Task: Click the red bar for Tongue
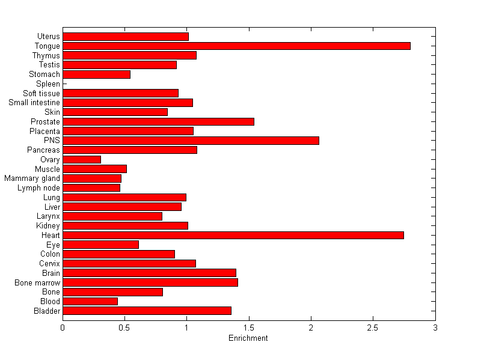click(x=236, y=46)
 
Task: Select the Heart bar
click(x=233, y=235)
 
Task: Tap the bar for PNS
click(x=191, y=141)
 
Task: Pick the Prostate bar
click(x=158, y=121)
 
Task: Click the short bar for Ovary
click(x=82, y=159)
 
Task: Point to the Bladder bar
click(x=147, y=311)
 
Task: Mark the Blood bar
click(x=90, y=301)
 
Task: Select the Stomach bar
click(x=96, y=75)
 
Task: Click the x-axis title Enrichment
click(x=248, y=338)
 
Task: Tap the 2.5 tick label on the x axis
click(x=373, y=328)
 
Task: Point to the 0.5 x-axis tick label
click(x=124, y=328)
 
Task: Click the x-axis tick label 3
click(x=435, y=328)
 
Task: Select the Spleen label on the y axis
click(x=48, y=84)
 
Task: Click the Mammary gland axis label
click(x=32, y=178)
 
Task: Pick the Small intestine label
click(x=34, y=103)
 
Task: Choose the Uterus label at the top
click(x=48, y=37)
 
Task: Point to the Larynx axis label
click(x=48, y=216)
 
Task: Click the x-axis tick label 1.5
click(x=248, y=328)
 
